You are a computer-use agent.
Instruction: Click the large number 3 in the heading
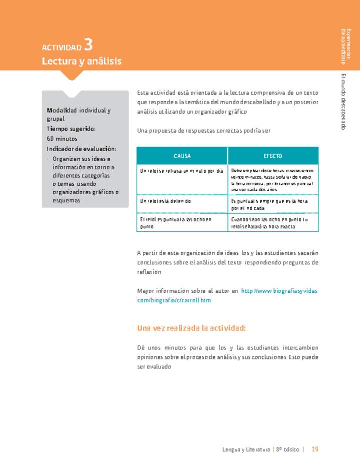(x=88, y=45)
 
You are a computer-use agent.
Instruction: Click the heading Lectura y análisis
(x=81, y=61)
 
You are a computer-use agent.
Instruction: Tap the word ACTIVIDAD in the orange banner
(x=61, y=48)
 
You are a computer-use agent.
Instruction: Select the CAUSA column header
(x=182, y=156)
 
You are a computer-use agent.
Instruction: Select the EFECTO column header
(x=273, y=156)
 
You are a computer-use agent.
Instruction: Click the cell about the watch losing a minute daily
(x=181, y=171)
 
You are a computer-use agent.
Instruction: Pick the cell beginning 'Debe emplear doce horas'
(x=272, y=180)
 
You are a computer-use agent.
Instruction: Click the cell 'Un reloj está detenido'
(x=165, y=201)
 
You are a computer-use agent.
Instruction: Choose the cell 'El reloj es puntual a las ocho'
(x=176, y=223)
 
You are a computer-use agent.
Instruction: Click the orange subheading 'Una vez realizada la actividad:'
(x=191, y=328)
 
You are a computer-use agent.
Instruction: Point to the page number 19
(x=315, y=449)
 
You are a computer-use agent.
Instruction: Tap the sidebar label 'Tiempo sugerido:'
(x=71, y=129)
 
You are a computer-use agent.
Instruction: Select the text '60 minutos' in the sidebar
(x=62, y=139)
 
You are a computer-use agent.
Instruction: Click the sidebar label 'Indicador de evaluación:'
(x=81, y=149)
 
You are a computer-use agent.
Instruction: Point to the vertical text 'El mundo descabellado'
(x=343, y=102)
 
